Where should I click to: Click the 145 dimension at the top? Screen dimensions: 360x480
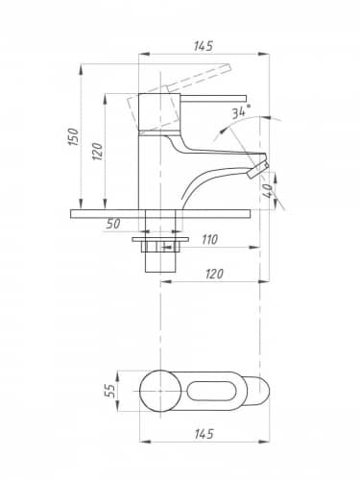click(x=203, y=46)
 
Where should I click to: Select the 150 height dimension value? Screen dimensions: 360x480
click(x=73, y=136)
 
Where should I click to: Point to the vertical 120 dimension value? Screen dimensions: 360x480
click(x=98, y=152)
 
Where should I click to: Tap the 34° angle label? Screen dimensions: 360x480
click(x=241, y=111)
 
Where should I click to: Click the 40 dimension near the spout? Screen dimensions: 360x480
click(x=267, y=191)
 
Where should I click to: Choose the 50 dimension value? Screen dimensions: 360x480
click(x=113, y=224)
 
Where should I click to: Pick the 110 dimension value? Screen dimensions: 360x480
click(x=209, y=239)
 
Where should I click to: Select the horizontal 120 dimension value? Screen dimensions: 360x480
click(x=214, y=274)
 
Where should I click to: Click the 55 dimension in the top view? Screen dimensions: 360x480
click(x=109, y=391)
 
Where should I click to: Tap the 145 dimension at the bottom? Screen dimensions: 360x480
click(x=204, y=434)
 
